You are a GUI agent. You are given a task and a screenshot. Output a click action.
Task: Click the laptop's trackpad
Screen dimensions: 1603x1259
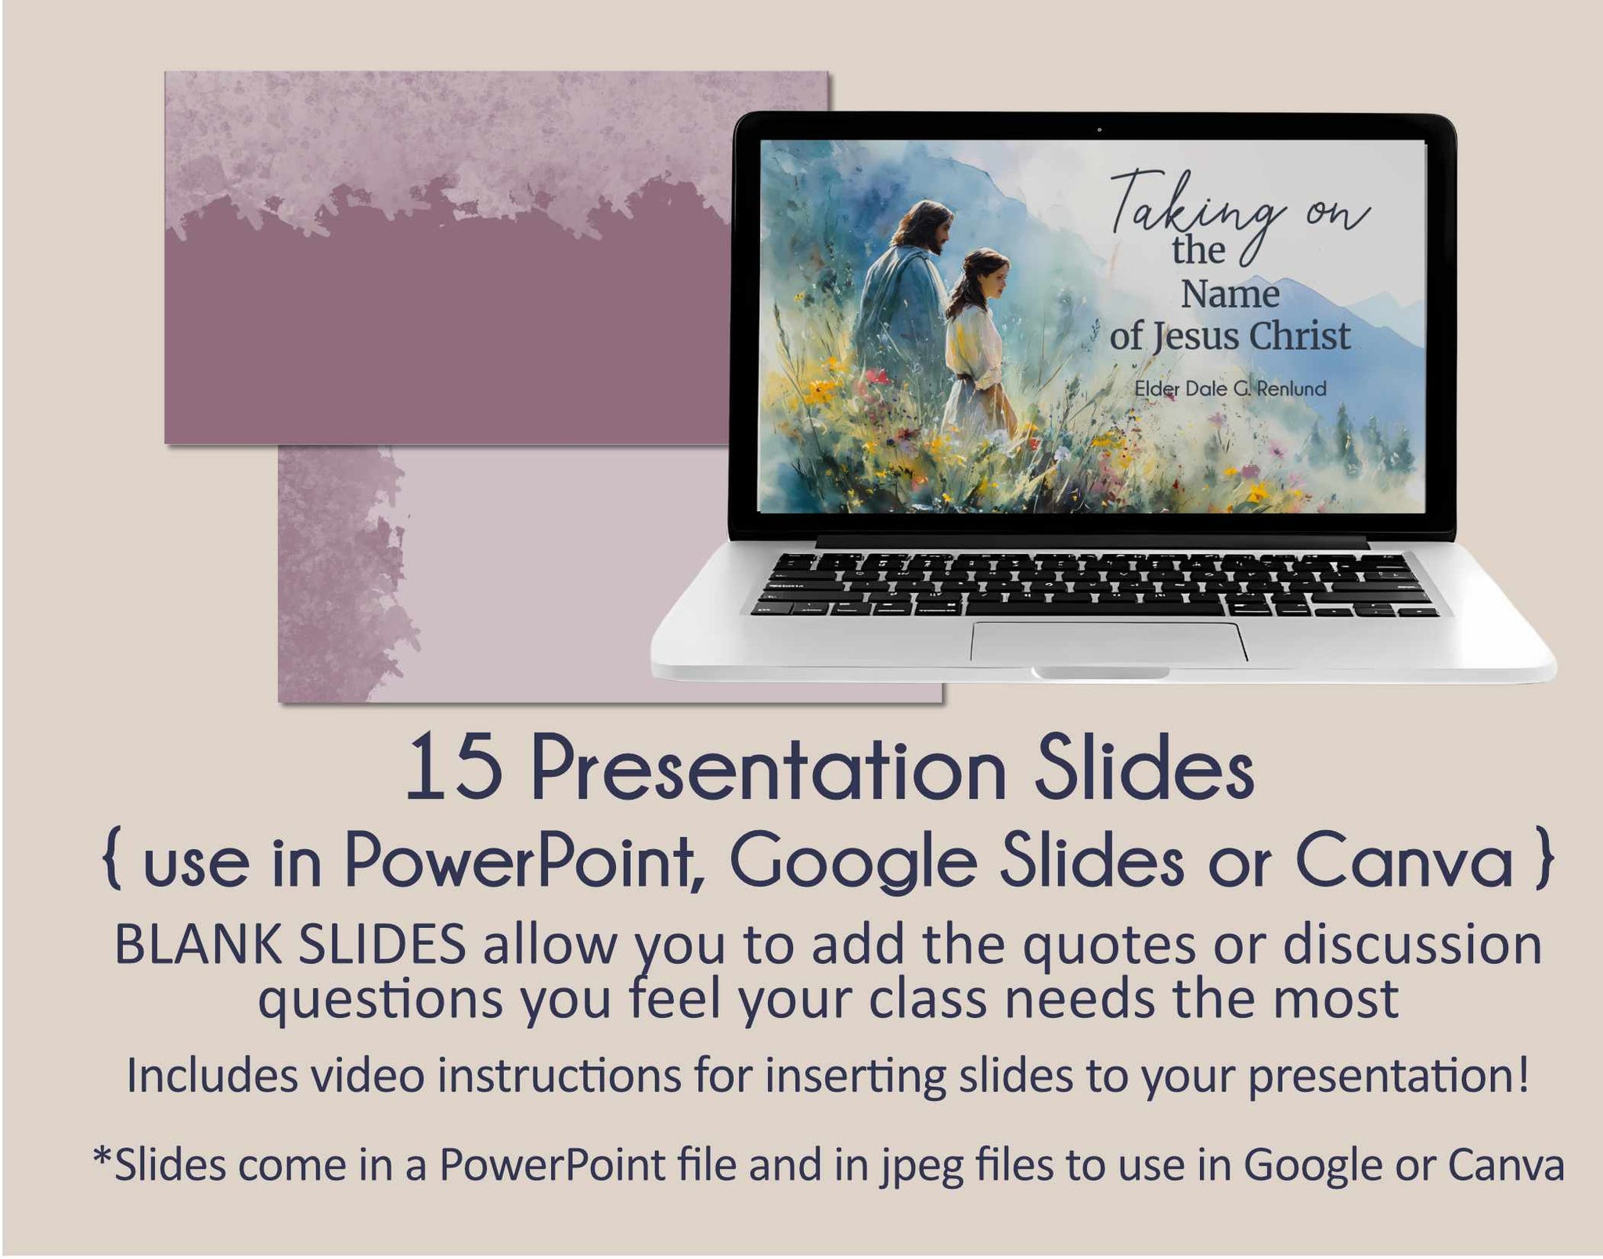pyautogui.click(x=1108, y=642)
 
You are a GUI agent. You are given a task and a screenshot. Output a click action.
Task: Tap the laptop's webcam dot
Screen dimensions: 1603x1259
pyautogui.click(x=1099, y=129)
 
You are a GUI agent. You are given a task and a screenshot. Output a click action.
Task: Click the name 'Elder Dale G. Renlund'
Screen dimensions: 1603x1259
pyautogui.click(x=1230, y=388)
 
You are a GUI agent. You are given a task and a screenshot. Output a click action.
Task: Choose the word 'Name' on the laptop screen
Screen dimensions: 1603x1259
pyautogui.click(x=1230, y=295)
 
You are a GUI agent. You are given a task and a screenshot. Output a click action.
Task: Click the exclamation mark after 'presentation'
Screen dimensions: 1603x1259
pyautogui.click(x=1521, y=1075)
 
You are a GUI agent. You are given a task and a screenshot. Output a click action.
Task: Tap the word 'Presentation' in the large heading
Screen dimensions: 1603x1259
pyautogui.click(x=768, y=770)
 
